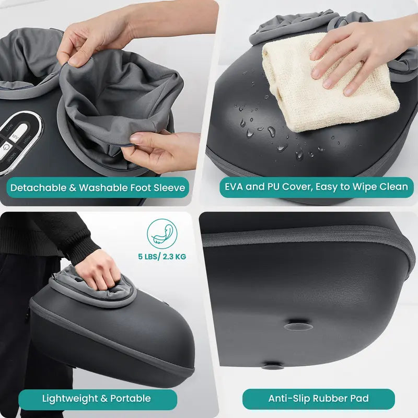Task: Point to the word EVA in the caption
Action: click(x=237, y=187)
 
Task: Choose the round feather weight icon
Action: click(x=162, y=234)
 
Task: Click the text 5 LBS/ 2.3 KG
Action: click(x=162, y=257)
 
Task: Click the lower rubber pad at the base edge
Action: click(x=273, y=367)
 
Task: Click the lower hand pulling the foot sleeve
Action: click(x=157, y=149)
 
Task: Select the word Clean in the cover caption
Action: click(x=396, y=187)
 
